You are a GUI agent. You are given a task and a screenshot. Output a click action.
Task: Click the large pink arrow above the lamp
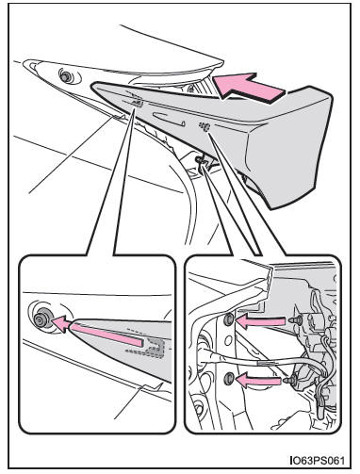coord(248,87)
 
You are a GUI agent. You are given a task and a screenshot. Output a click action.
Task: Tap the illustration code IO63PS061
coord(318,461)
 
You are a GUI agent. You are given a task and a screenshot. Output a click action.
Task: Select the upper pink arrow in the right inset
coord(261,321)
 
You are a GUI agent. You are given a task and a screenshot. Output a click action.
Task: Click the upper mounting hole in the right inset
coord(229,319)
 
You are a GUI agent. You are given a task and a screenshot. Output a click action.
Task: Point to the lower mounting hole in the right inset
coord(229,378)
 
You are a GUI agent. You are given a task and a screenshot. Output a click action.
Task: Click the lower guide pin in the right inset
coord(292,380)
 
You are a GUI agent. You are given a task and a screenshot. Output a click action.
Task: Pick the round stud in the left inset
coord(41,319)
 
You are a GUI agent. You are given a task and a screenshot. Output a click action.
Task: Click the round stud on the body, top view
coord(67,76)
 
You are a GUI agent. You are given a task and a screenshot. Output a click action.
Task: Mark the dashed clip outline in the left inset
coord(148,347)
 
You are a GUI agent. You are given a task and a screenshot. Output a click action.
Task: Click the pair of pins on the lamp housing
coord(205,127)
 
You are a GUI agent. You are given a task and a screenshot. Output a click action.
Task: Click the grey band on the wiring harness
coord(267,363)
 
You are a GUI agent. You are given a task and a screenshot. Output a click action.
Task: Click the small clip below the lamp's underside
coord(205,163)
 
